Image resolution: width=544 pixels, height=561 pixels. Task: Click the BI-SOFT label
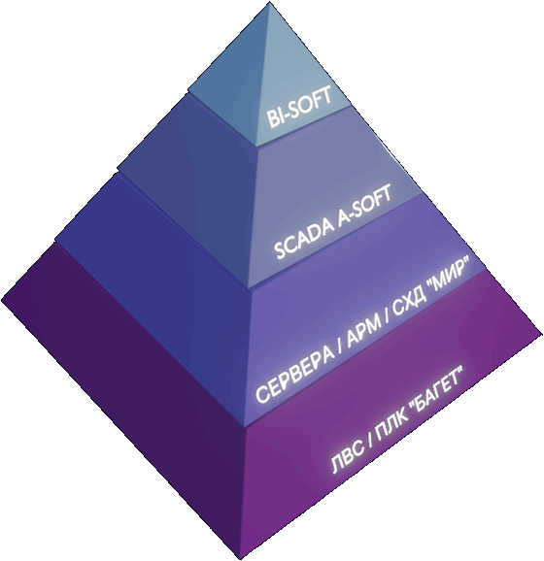299,108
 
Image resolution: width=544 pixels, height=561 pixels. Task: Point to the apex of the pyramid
269,3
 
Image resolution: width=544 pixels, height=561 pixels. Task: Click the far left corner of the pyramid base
2,299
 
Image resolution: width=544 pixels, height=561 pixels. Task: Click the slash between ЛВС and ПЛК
370,441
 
